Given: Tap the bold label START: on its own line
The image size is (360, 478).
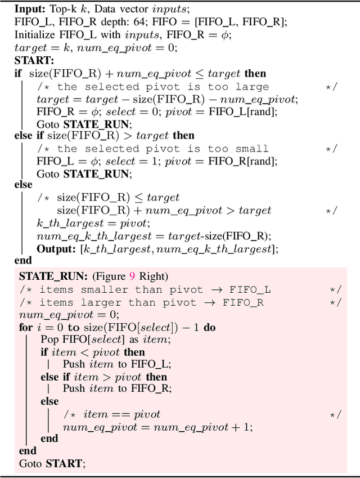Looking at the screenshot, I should [x=34, y=60].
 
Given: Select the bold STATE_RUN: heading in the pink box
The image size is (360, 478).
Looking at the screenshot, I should [x=52, y=276].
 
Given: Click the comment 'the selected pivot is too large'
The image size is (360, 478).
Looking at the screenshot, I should [x=163, y=86].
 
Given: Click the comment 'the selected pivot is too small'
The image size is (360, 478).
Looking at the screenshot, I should [x=163, y=148].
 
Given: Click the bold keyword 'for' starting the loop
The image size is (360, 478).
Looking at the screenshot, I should [x=25, y=327].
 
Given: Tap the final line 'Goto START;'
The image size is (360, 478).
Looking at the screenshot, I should [x=52, y=463].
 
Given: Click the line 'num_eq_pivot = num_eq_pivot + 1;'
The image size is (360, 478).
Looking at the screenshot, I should [x=157, y=426].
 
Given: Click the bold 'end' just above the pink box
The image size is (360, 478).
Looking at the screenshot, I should [x=23, y=261].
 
